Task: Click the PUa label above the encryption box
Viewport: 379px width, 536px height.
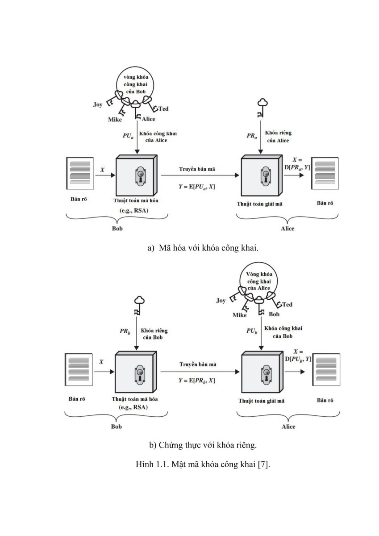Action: click(128, 136)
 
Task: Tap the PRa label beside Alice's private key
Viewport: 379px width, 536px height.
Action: click(252, 136)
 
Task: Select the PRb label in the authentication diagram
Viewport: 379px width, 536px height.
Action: click(125, 331)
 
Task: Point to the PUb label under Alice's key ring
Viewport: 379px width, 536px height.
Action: click(252, 331)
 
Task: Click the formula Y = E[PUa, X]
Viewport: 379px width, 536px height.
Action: click(196, 187)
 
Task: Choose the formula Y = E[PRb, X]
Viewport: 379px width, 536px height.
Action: click(196, 381)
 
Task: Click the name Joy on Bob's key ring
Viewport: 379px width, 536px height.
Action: click(98, 105)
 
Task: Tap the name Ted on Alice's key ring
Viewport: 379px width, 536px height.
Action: click(287, 304)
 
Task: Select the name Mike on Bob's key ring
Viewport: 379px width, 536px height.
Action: click(115, 119)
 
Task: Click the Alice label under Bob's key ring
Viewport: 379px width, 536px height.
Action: click(149, 119)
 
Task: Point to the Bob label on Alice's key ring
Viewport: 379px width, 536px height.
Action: click(274, 314)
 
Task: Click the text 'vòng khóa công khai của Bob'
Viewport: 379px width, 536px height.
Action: click(136, 84)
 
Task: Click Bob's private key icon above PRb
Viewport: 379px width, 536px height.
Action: click(138, 306)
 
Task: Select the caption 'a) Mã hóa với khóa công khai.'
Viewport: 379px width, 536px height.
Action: click(203, 248)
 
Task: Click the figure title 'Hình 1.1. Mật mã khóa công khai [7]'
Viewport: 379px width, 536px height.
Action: click(203, 465)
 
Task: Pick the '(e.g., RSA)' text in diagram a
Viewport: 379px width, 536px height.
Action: click(133, 210)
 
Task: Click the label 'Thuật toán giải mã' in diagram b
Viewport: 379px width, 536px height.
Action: click(261, 401)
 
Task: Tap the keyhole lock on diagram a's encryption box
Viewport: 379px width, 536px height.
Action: click(141, 176)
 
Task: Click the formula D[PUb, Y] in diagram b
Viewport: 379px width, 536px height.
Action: click(298, 359)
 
